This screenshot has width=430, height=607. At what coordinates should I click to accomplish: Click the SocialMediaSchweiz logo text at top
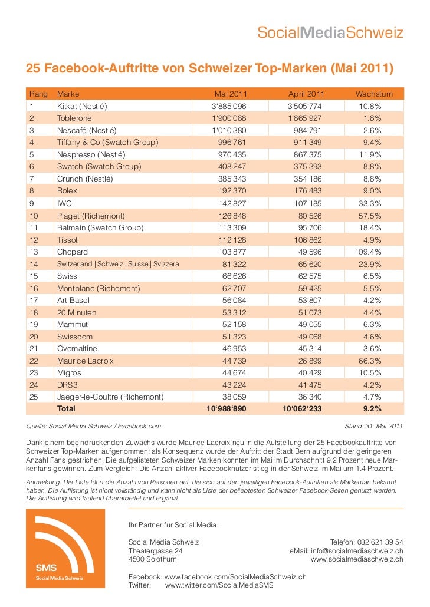(x=330, y=33)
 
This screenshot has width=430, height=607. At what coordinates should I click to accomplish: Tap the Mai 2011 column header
(x=231, y=94)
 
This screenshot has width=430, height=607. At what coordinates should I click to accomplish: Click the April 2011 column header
(x=306, y=94)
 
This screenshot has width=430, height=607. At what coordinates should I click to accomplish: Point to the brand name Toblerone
(x=74, y=118)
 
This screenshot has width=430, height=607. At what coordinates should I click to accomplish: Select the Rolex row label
(x=67, y=191)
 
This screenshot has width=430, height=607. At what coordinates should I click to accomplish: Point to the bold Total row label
(x=66, y=409)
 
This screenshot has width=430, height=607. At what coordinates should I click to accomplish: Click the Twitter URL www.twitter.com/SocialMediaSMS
(x=219, y=585)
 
